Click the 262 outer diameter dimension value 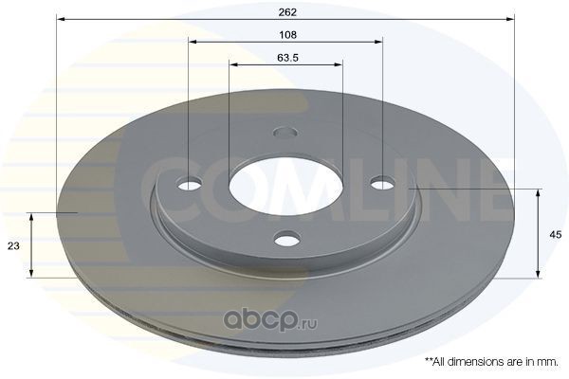[287, 12]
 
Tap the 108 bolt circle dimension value [287, 35]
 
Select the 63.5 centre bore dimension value [287, 58]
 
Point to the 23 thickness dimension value [13, 246]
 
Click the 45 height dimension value [555, 235]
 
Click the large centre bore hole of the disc [286, 185]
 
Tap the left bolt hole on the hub [190, 184]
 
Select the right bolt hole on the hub [383, 183]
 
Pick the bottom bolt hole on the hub [287, 239]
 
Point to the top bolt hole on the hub [285, 132]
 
